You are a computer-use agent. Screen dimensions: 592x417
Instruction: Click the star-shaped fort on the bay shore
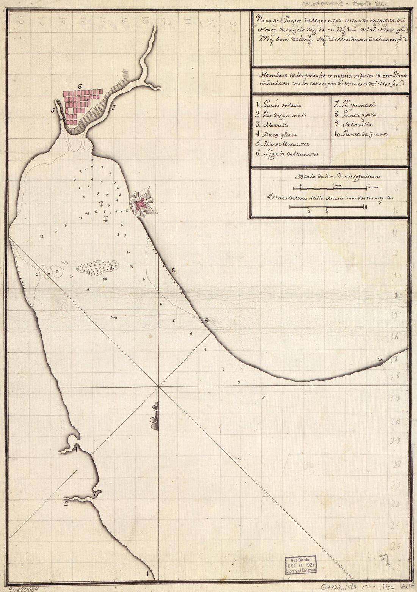point(141,204)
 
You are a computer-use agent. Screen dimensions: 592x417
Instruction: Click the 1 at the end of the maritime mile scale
point(365,207)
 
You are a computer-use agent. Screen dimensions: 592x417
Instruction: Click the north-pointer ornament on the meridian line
point(155,416)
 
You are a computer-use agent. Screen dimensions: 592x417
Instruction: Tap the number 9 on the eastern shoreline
point(206,320)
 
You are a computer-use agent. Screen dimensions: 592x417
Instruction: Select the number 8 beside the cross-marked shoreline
point(173,270)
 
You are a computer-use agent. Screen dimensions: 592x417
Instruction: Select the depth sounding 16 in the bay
point(65,225)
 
